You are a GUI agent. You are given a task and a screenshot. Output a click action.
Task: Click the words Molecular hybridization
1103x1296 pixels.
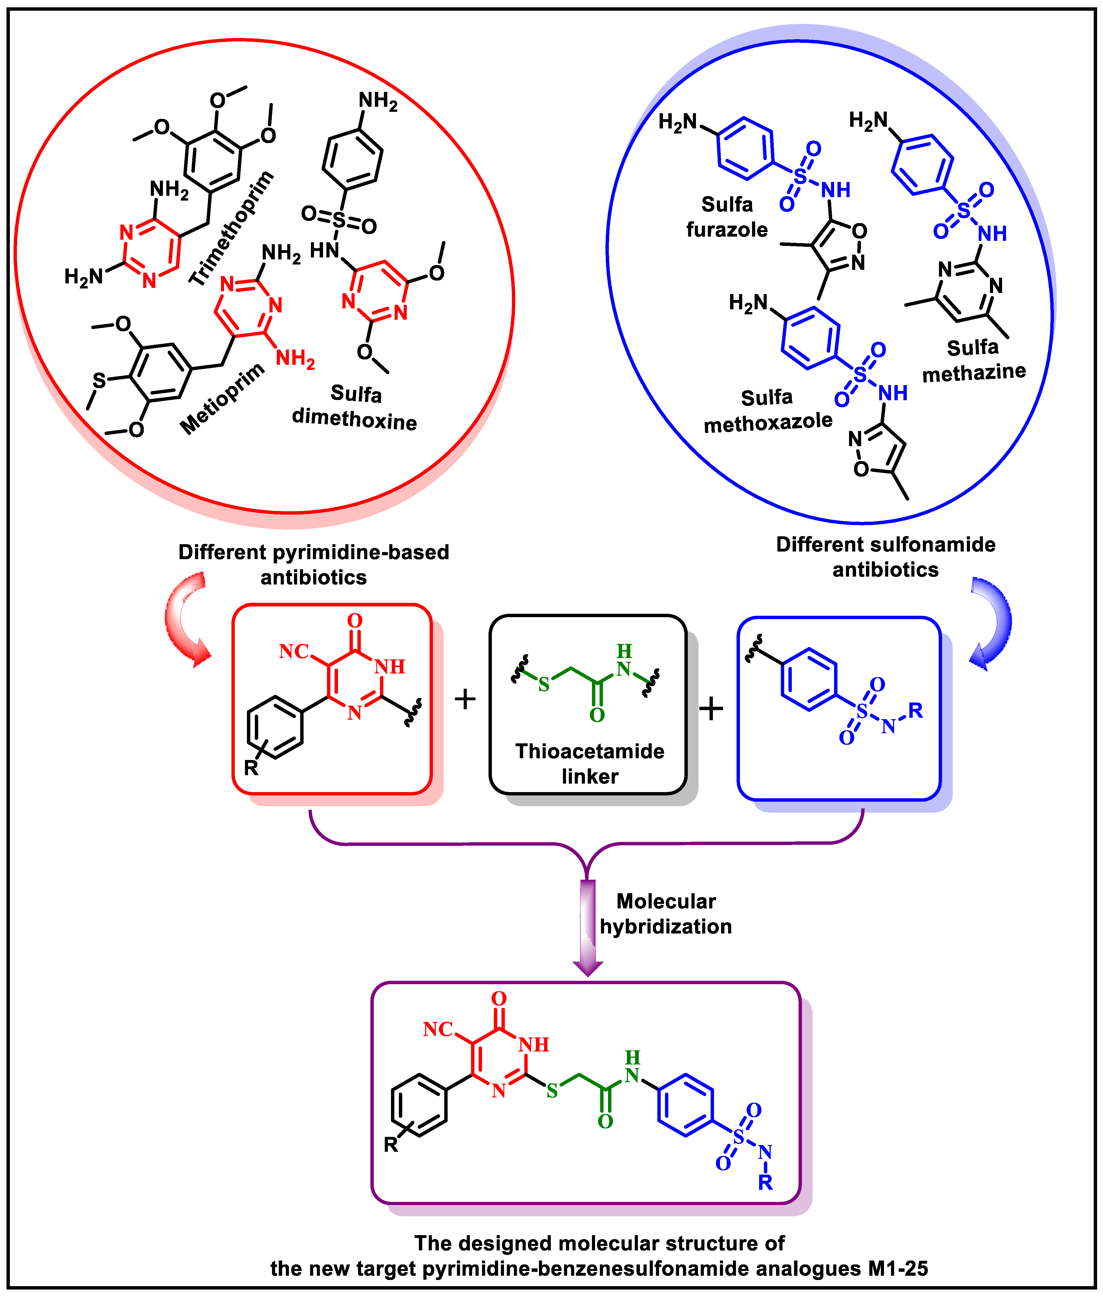(666, 913)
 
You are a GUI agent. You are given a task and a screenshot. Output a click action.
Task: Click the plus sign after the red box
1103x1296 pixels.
(465, 699)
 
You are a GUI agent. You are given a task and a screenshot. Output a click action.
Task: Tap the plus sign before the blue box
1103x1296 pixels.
(711, 709)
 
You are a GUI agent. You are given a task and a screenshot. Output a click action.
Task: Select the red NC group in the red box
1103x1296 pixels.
(294, 652)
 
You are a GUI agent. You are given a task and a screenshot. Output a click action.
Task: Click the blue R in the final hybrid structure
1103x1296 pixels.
(765, 1182)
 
